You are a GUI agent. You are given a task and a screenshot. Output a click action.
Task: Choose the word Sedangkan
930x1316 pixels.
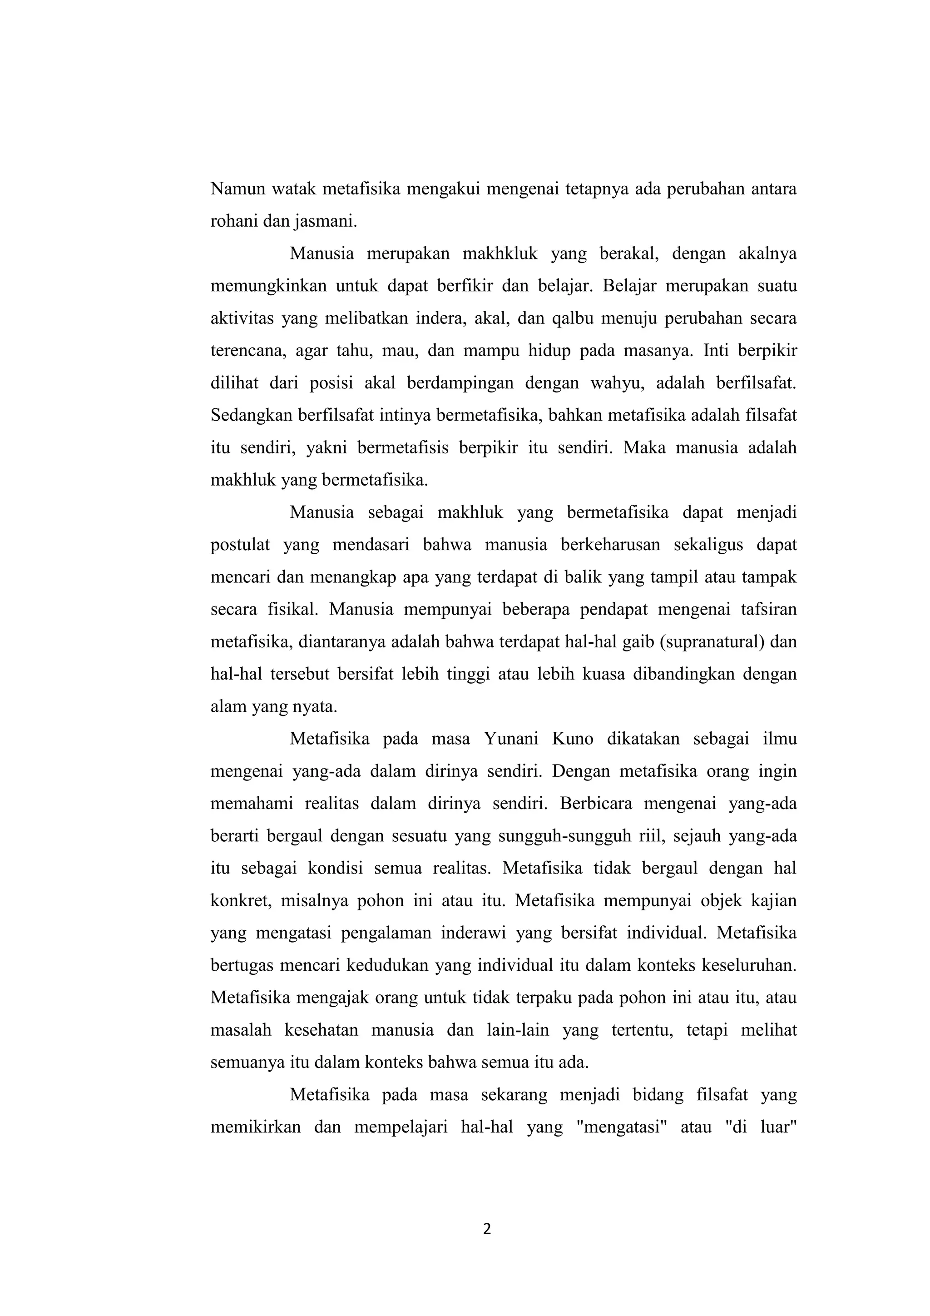pos(252,416)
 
